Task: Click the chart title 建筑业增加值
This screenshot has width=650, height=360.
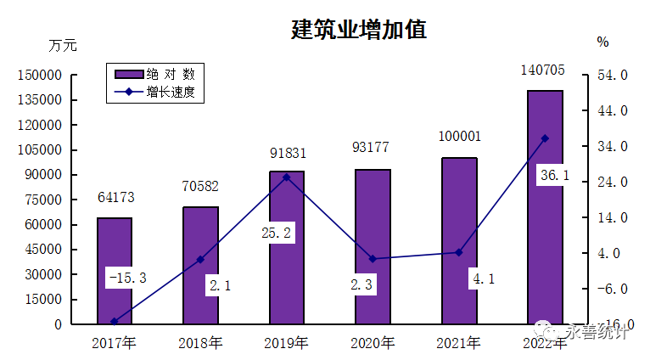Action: click(x=358, y=30)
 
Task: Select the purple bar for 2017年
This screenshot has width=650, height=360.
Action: click(x=114, y=271)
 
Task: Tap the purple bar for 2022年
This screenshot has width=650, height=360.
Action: click(x=545, y=207)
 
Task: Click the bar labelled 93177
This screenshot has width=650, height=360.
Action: click(x=373, y=246)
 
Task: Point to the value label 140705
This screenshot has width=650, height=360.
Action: click(x=545, y=70)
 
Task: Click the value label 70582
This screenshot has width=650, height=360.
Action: click(x=200, y=187)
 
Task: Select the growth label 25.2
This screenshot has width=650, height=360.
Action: click(x=277, y=233)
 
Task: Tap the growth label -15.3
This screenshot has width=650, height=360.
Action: click(x=127, y=278)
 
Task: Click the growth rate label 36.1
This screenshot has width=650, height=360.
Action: click(x=554, y=175)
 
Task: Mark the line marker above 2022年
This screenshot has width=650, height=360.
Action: click(x=545, y=138)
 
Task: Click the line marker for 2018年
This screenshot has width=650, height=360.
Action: click(x=200, y=259)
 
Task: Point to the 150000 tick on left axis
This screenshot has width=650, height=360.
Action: click(x=40, y=76)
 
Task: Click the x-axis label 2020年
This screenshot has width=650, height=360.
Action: click(x=373, y=344)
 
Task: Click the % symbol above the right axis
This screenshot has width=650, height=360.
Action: click(x=602, y=42)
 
